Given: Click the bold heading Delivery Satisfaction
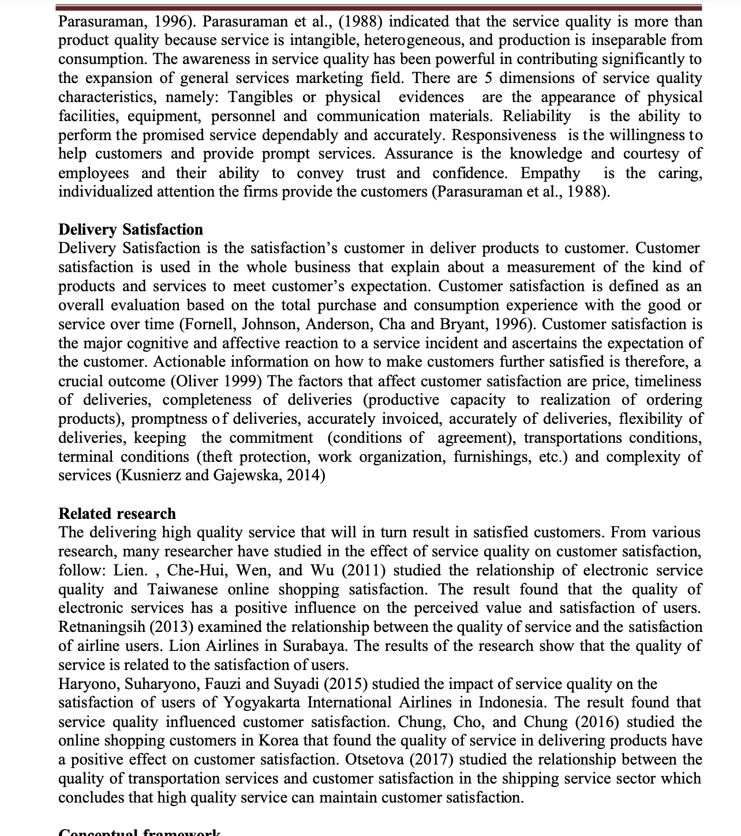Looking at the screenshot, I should [130, 229].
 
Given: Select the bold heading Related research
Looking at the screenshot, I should [117, 514].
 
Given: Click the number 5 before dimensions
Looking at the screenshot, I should [488, 78].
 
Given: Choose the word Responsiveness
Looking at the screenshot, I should [504, 135].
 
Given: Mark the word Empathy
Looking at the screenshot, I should [550, 173].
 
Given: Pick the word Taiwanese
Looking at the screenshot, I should [183, 589].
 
